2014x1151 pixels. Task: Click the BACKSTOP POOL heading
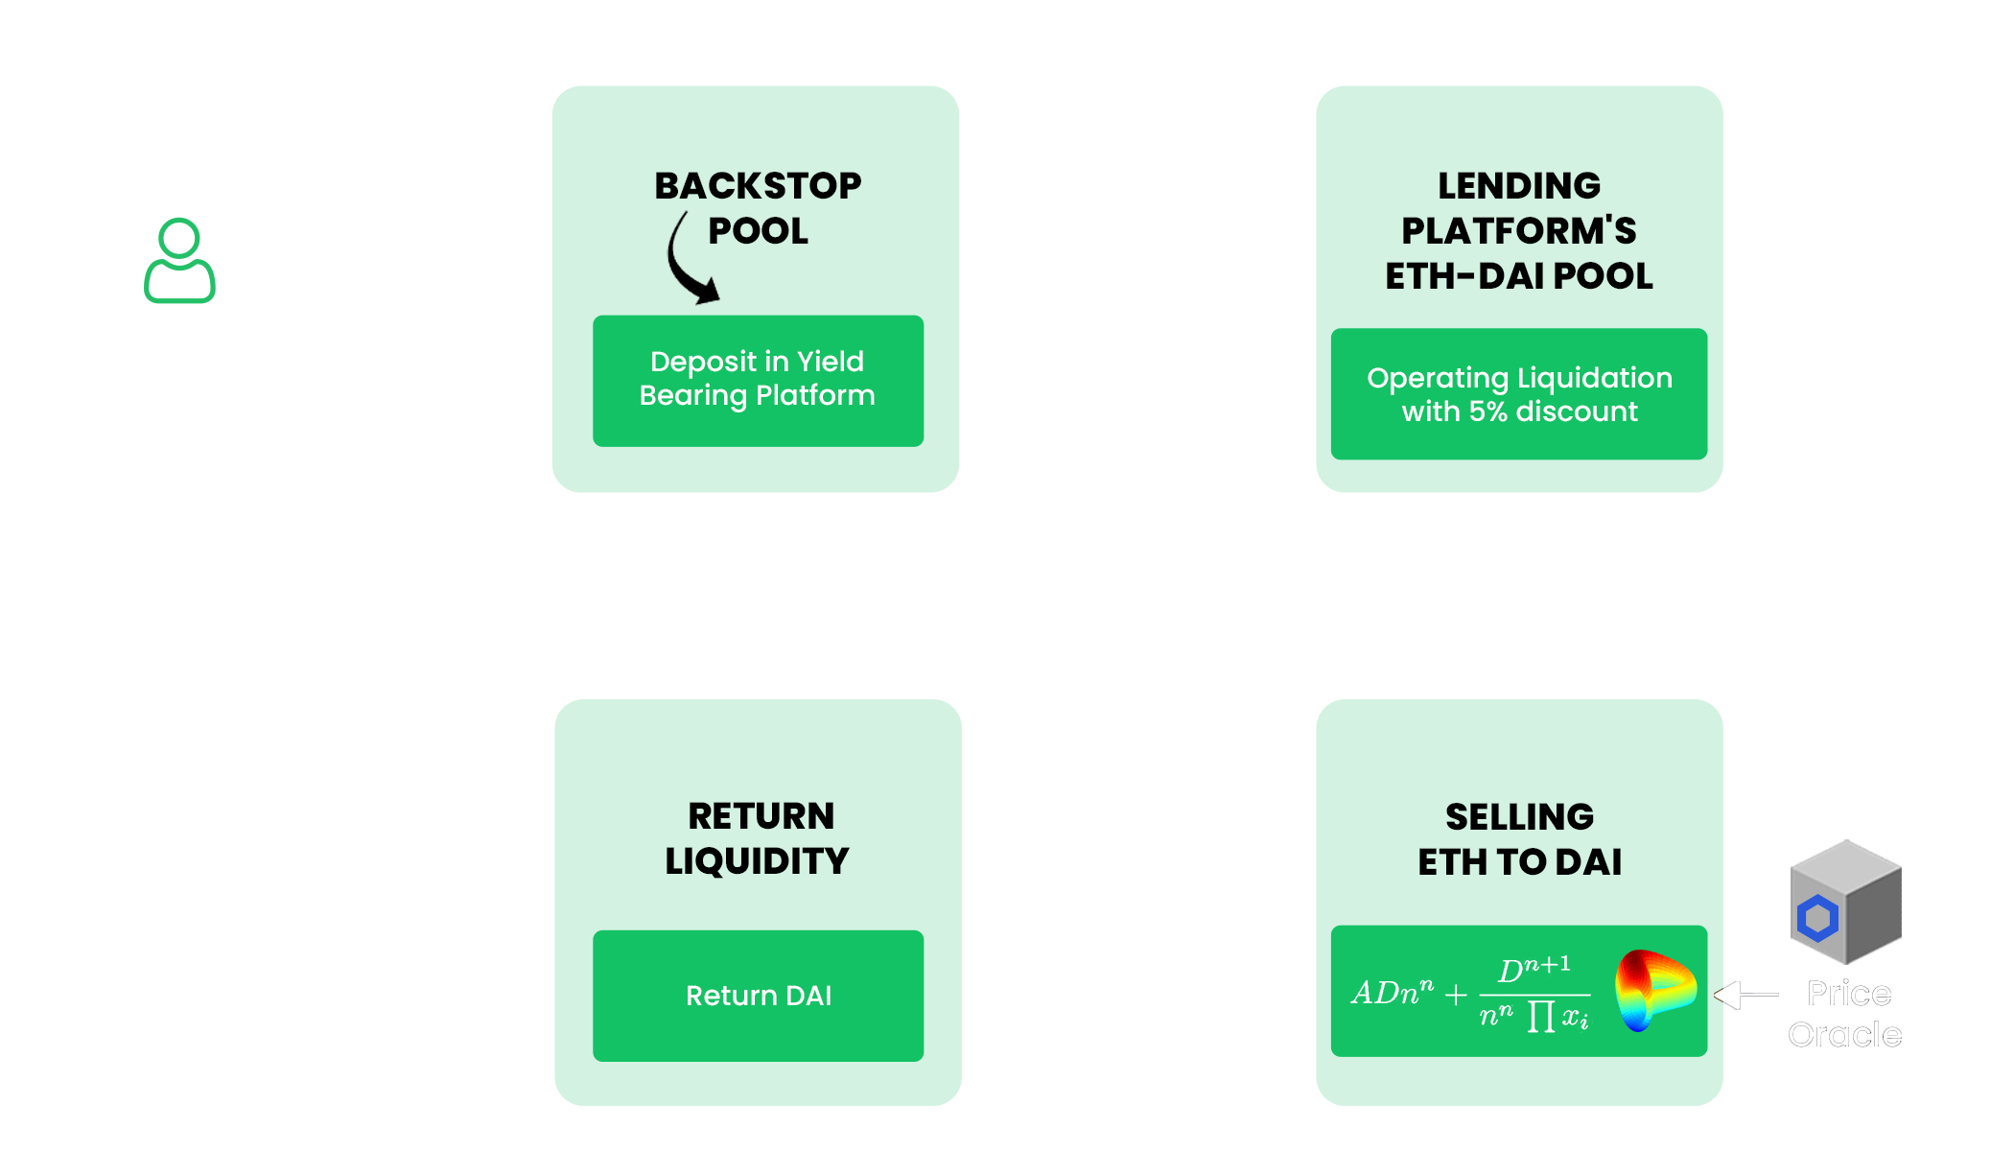tap(758, 207)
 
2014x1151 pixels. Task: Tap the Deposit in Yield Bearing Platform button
tap(758, 380)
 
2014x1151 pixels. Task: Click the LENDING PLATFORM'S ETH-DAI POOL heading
tap(1518, 230)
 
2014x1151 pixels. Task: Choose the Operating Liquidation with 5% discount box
tap(1518, 394)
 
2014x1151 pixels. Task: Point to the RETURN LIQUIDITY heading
tap(758, 837)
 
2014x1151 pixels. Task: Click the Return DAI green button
tap(758, 996)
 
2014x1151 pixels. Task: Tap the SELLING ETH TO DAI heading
tap(1519, 838)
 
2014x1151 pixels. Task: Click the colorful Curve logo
tap(1653, 990)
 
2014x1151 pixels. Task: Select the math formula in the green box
tap(1469, 993)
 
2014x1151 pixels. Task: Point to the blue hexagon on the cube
tap(1817, 918)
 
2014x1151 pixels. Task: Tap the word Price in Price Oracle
tap(1848, 994)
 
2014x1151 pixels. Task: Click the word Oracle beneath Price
tap(1844, 1034)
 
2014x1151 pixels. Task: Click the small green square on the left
tap(179, 260)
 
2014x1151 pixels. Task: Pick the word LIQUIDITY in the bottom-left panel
tap(758, 860)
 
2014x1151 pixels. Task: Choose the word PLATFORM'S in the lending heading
tap(1518, 230)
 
